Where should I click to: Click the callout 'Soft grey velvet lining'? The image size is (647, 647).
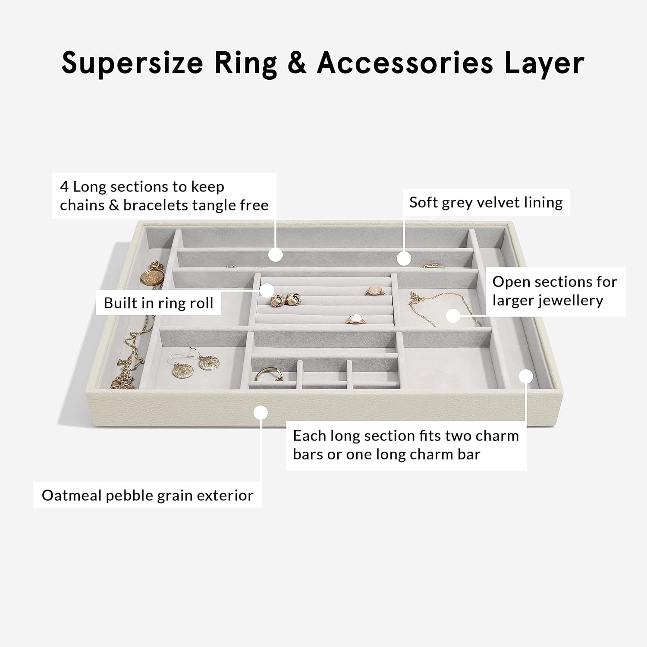tap(486, 202)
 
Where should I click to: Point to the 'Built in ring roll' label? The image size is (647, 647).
tap(158, 303)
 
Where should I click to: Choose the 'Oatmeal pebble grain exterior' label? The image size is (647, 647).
tap(148, 495)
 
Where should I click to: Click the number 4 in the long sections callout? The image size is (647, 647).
tap(64, 187)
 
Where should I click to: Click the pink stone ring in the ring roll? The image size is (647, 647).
tap(374, 290)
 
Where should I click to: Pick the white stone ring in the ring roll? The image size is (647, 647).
tap(355, 318)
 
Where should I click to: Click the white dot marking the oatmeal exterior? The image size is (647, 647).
tap(261, 413)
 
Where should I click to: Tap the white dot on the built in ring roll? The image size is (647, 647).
tap(267, 290)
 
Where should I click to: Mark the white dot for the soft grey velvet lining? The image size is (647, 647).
tap(404, 258)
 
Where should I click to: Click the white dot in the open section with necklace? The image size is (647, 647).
tap(453, 315)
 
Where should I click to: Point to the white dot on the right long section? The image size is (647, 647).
tap(526, 376)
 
